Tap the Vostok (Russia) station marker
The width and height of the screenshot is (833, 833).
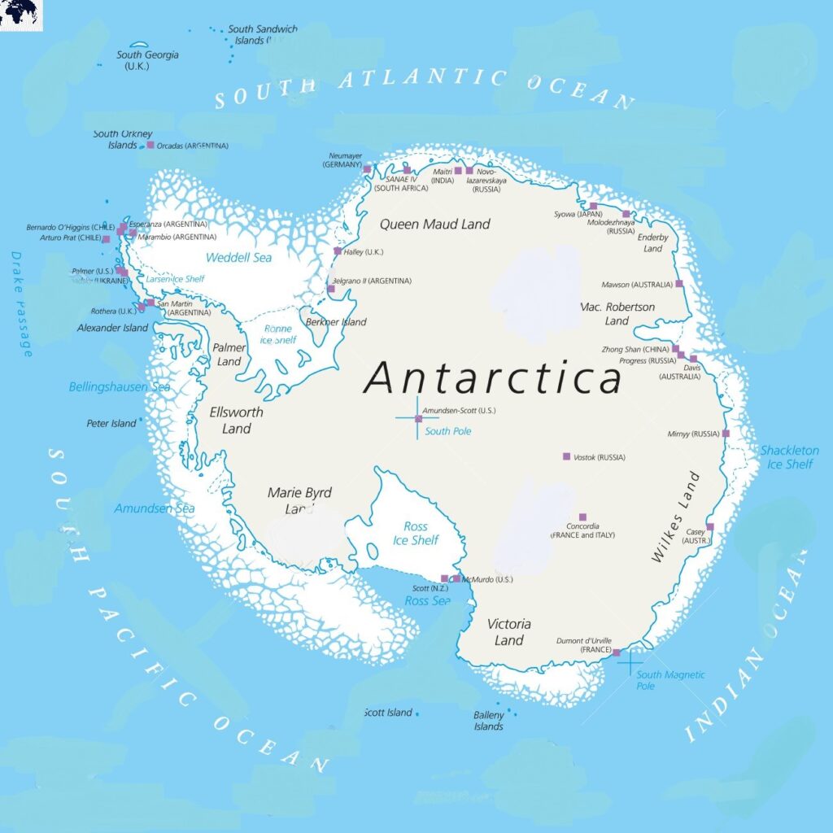[x=566, y=456]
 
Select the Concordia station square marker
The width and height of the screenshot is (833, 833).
[x=582, y=517]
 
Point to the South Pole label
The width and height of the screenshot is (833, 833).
[x=447, y=431]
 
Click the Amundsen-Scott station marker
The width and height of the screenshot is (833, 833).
[x=418, y=419]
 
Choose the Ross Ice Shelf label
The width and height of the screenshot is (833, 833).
[x=416, y=534]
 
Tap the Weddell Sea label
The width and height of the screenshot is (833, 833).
[x=238, y=258]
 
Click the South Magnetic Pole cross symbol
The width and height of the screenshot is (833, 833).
[x=630, y=661]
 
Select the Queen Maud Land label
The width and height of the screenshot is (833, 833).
[x=435, y=224]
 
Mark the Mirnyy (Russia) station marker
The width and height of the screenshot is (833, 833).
[x=726, y=434]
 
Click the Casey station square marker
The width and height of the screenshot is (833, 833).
[x=709, y=527]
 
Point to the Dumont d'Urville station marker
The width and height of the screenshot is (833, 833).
[x=616, y=652]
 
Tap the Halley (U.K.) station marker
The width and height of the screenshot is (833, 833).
[x=338, y=251]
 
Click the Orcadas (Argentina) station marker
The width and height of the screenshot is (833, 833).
[x=150, y=145]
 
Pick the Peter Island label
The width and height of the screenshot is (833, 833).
[x=111, y=423]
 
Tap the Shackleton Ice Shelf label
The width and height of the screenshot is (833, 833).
[x=789, y=457]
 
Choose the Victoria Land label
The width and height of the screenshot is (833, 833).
[x=509, y=632]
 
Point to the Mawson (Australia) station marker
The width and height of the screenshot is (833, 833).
[x=679, y=284]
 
